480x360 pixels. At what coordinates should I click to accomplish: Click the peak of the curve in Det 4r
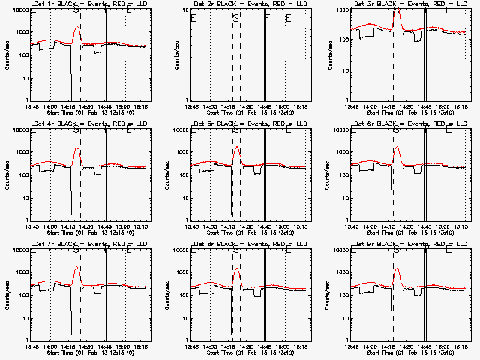pyautogui.click(x=76, y=148)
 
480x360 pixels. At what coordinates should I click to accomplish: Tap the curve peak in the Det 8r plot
pyautogui.click(x=237, y=268)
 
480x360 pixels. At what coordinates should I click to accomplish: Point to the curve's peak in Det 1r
pyautogui.click(x=76, y=26)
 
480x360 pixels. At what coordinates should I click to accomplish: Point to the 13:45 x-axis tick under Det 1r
pyautogui.click(x=30, y=106)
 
